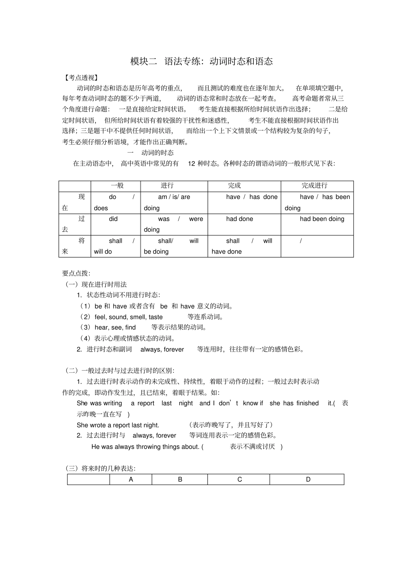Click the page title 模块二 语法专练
point(201,62)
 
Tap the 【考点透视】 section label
point(81,78)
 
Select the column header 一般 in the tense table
point(117,186)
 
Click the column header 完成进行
point(314,186)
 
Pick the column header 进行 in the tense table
point(167,186)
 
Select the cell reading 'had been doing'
point(322,219)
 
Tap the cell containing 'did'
point(113,219)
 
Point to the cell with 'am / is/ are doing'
point(173,202)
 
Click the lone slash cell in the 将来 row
point(301,241)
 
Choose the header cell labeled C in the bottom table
point(239,479)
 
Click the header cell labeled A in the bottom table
point(131,479)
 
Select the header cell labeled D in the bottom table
point(308,479)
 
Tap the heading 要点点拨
point(76,273)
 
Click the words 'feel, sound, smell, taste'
point(128,317)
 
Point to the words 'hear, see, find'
point(115,328)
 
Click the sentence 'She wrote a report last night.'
point(118,425)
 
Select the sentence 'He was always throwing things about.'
point(145,446)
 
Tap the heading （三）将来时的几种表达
point(100,468)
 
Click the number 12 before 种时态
point(191,163)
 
